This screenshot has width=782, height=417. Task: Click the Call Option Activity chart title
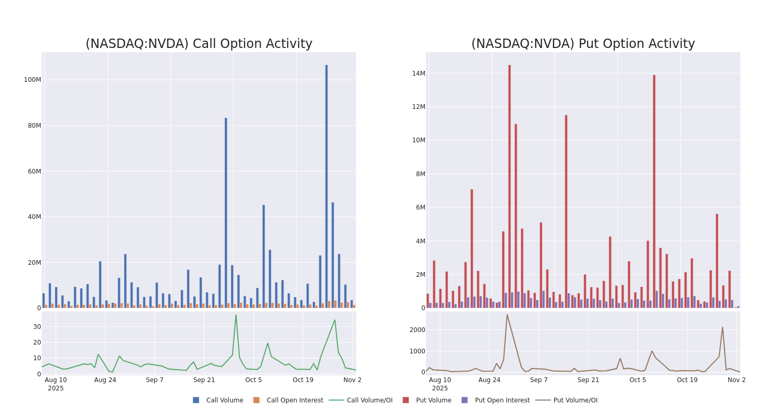[199, 44]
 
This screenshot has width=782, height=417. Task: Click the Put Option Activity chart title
[583, 44]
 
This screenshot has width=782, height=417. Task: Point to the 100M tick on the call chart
[32, 80]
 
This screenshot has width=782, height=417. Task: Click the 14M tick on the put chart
[419, 73]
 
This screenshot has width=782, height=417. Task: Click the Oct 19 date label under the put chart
[687, 380]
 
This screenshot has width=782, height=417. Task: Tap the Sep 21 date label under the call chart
[204, 380]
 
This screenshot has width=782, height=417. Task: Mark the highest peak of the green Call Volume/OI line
[236, 315]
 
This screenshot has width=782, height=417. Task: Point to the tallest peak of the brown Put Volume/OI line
[507, 314]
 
